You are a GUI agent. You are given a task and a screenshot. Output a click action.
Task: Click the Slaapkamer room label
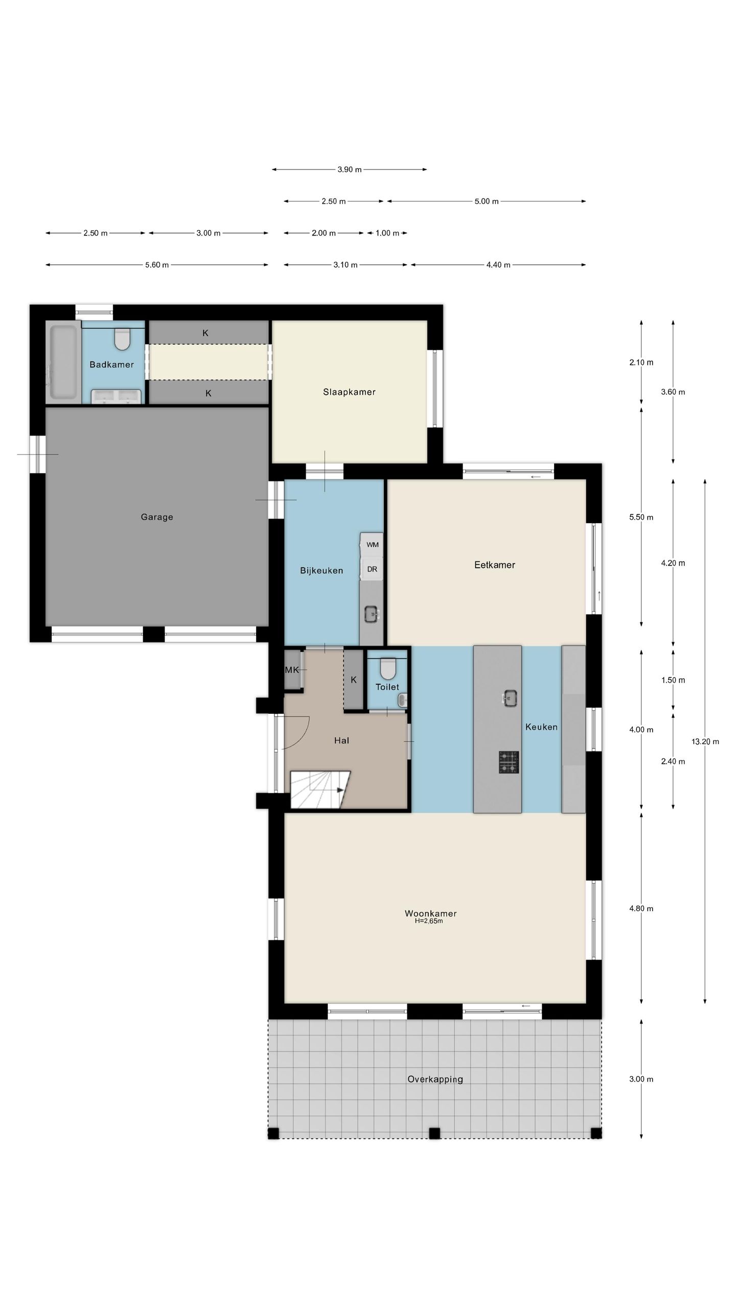tap(349, 392)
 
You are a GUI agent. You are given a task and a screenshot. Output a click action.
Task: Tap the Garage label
tap(157, 517)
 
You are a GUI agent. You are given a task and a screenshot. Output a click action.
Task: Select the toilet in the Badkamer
tap(122, 339)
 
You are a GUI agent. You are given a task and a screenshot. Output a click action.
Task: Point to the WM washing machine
tap(372, 545)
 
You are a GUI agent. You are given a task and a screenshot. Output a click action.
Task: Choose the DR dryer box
tap(372, 569)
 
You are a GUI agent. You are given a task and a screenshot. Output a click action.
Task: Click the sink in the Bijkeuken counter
tap(372, 613)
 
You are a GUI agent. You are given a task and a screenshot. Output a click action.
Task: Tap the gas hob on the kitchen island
tap(509, 762)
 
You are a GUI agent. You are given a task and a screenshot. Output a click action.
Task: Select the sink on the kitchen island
tap(510, 698)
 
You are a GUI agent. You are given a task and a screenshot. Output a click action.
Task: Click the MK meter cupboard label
tap(292, 670)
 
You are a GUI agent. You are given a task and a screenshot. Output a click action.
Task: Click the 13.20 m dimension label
tap(705, 741)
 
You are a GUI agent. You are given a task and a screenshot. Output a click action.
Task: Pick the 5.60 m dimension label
tap(157, 265)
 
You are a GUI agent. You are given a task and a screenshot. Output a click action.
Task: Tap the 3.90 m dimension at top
tap(349, 169)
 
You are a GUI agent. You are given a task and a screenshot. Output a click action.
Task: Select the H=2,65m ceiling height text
tap(429, 921)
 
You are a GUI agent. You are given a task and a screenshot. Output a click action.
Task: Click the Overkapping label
tap(435, 1079)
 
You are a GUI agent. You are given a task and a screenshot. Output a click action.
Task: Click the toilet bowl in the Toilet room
tap(388, 669)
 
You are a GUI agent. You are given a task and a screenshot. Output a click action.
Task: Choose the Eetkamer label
tap(495, 565)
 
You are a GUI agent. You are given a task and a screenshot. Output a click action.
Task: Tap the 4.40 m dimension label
tap(498, 265)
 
